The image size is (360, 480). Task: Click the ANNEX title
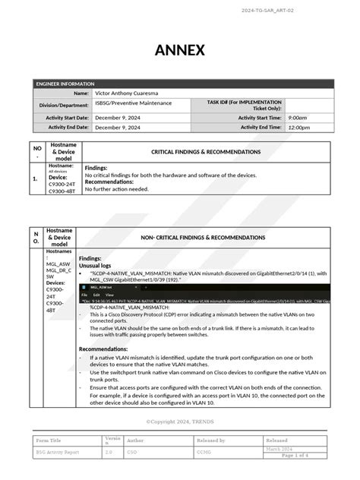coord(180,50)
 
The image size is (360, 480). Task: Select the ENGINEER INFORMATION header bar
coord(180,83)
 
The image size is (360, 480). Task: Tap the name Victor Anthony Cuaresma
coord(127,93)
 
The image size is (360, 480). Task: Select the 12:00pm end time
coord(298,128)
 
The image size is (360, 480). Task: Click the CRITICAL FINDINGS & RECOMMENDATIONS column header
coord(205,152)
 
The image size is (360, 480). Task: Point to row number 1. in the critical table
coord(36,179)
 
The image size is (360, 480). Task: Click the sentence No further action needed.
coord(116,189)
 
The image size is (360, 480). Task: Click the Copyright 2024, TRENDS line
coord(180,422)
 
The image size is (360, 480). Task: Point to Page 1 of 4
coord(295,455)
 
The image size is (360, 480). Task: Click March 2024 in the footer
coord(279,449)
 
